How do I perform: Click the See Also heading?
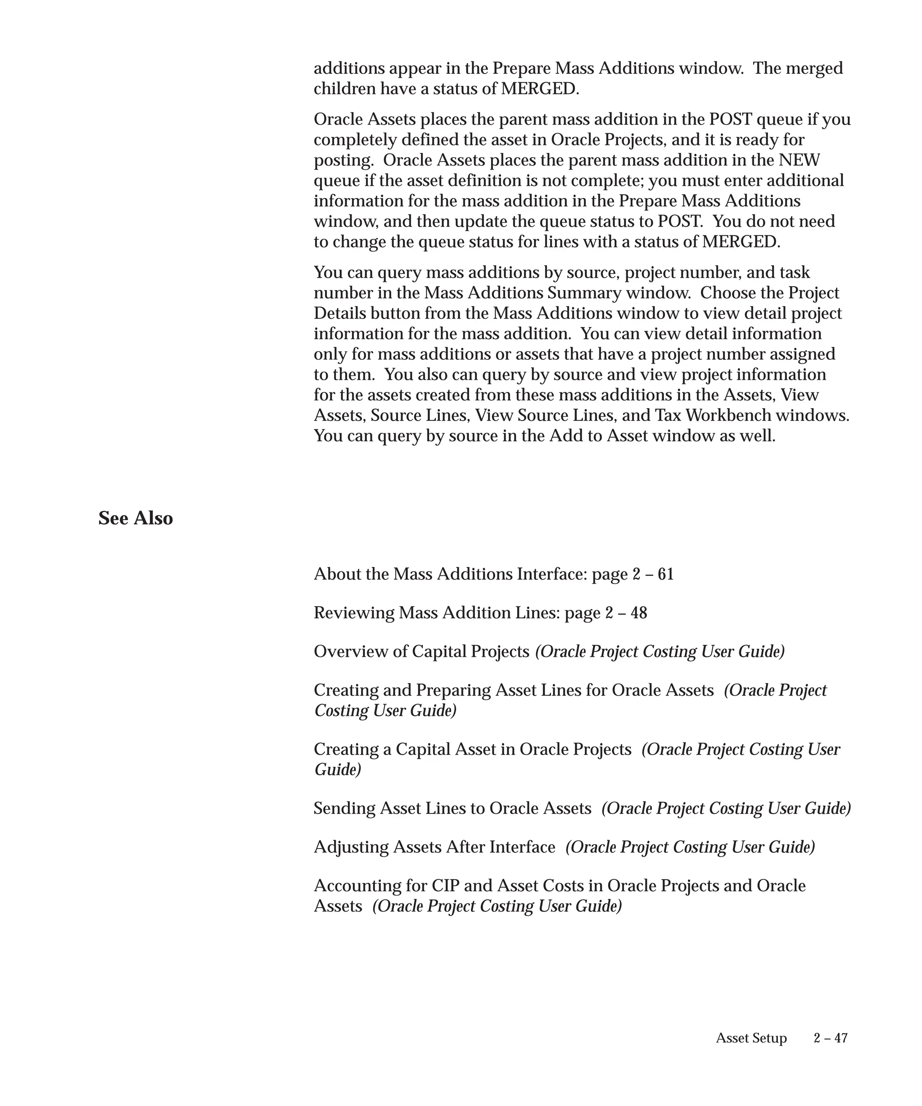coord(136,518)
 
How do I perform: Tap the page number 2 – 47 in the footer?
coord(830,1038)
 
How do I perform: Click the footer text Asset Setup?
coord(751,1038)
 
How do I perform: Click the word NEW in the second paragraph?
coord(799,160)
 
